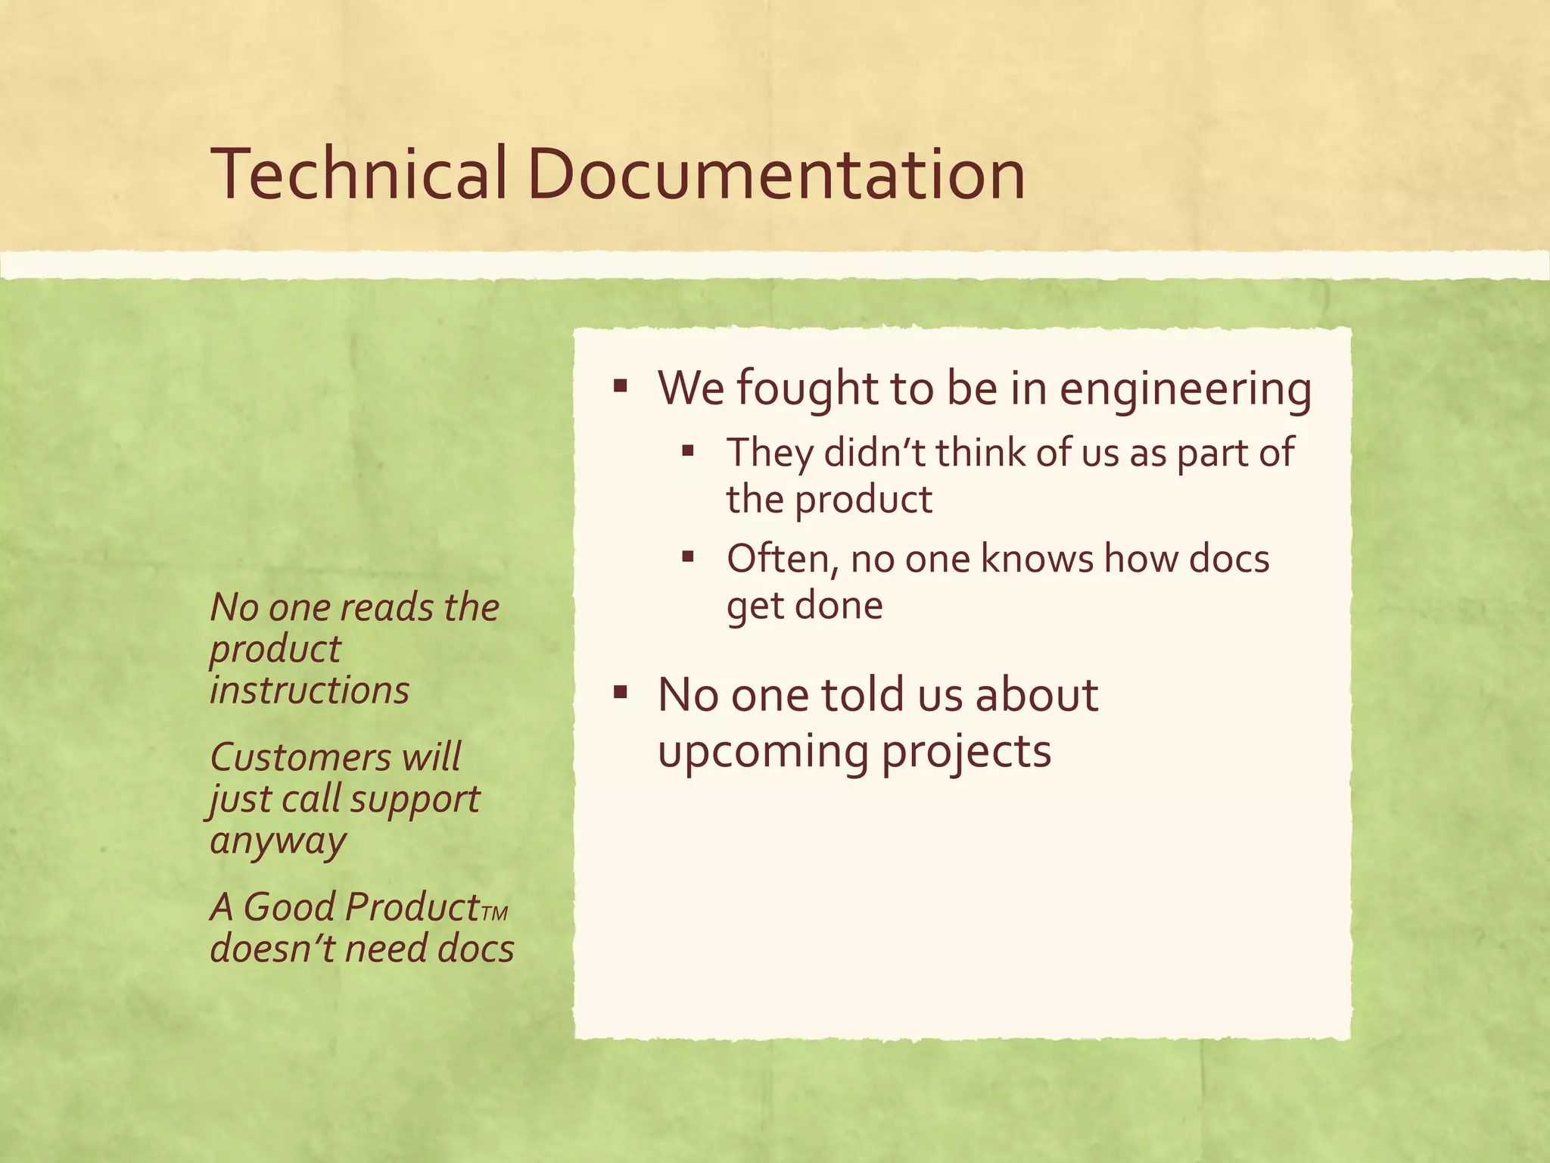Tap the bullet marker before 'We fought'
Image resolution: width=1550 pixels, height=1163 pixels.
621,388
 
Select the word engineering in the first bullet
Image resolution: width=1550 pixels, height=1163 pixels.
1185,390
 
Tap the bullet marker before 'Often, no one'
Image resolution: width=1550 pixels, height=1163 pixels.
687,559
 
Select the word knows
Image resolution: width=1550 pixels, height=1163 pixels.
1037,559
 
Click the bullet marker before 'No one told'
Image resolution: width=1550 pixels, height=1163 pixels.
621,692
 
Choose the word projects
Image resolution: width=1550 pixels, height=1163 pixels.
966,753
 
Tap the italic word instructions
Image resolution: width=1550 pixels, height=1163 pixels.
310,691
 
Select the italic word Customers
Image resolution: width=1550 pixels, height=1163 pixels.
299,757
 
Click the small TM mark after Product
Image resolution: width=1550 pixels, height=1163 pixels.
494,913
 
